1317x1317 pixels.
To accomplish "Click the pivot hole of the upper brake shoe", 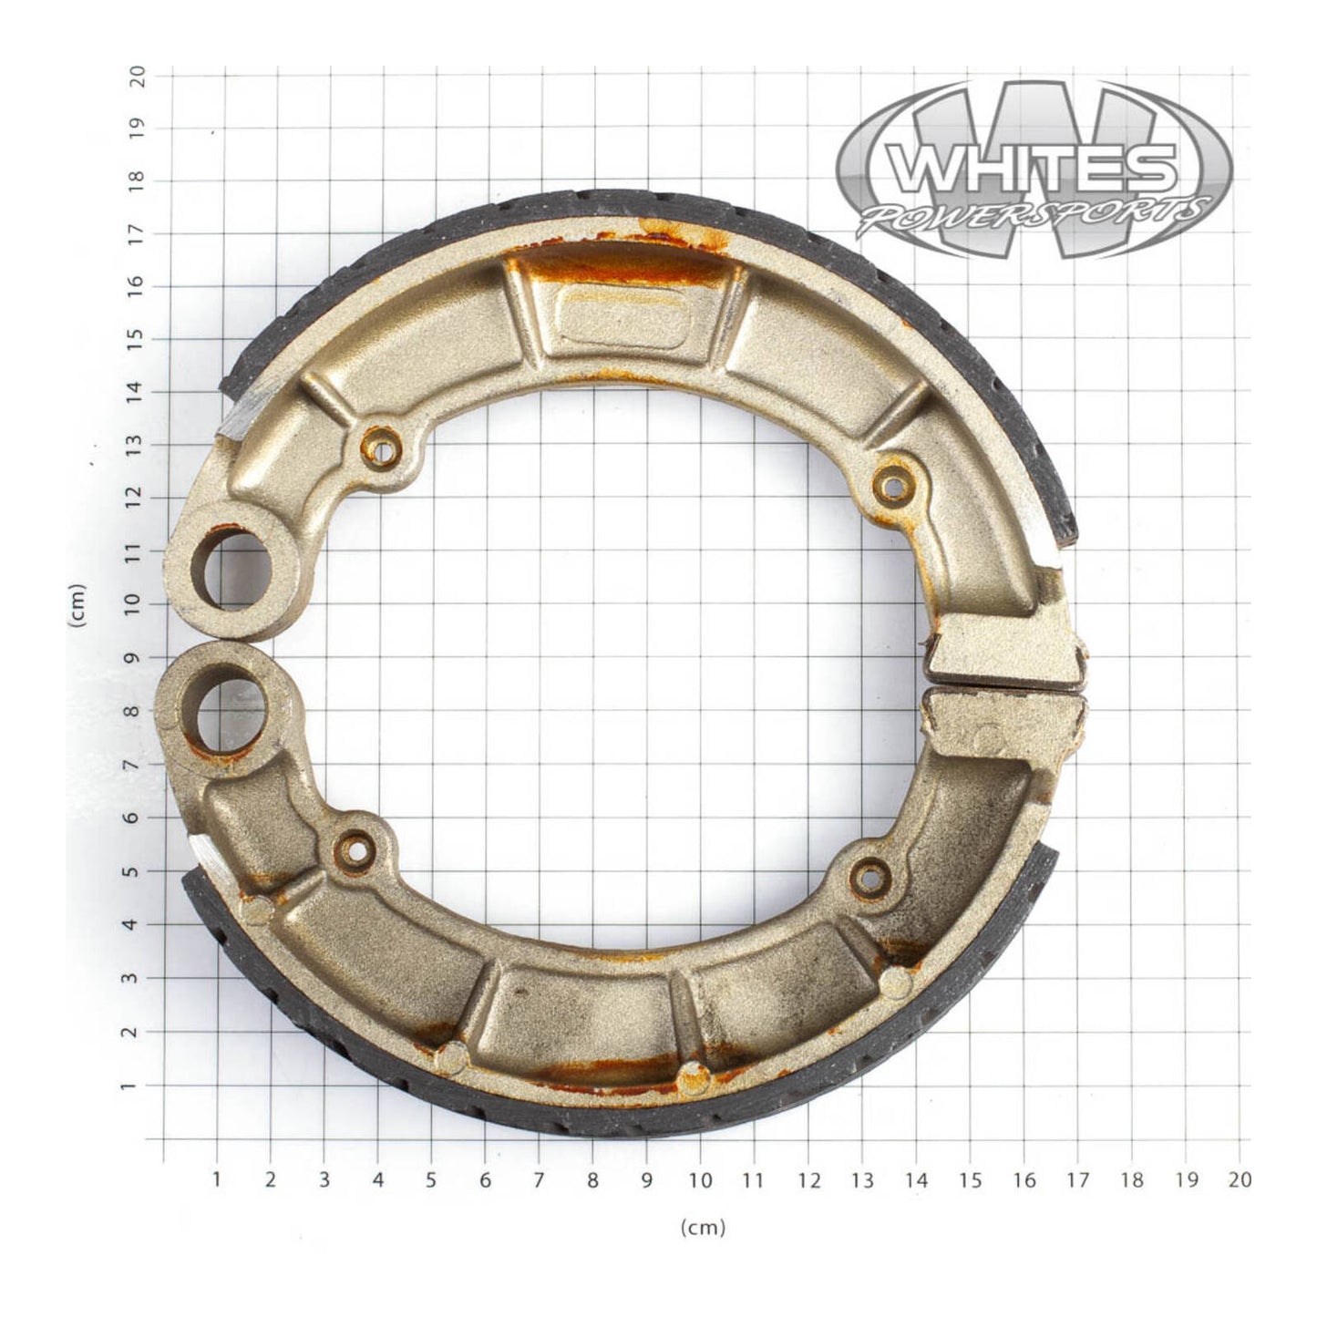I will point(232,570).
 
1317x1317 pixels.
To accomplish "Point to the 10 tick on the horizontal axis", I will point(700,1180).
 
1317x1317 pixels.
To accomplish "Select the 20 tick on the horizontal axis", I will point(1239,1180).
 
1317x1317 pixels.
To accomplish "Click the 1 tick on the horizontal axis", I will point(217,1180).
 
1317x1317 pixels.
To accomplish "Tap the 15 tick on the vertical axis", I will point(138,337).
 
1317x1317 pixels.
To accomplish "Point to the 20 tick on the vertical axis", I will point(138,76).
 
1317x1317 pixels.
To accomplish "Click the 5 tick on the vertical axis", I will point(138,870).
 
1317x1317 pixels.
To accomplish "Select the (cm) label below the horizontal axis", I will point(703,1228).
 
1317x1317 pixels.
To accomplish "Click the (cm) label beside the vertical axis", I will point(77,605).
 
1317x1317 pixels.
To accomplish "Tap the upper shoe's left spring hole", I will point(380,448).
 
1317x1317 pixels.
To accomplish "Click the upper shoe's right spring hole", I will point(894,486).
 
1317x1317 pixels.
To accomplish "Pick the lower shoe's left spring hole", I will point(355,849).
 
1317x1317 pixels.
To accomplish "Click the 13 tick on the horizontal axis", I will point(861,1180).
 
